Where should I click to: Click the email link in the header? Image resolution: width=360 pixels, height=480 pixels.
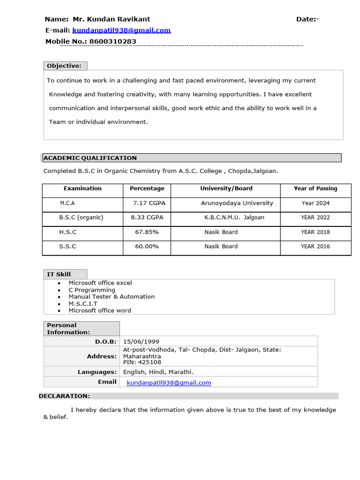(121, 30)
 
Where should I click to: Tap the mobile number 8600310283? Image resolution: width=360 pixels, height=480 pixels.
(112, 42)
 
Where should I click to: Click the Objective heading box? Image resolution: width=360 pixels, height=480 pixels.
(65, 66)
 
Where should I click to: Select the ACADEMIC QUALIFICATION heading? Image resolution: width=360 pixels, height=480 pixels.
(90, 158)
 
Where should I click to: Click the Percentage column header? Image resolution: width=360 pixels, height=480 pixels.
(147, 188)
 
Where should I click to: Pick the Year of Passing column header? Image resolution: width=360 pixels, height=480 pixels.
(315, 188)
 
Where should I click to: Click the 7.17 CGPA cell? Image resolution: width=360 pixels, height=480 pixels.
(149, 203)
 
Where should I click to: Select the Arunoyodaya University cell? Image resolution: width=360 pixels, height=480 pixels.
(237, 203)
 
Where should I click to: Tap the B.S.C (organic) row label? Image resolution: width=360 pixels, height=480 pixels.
(81, 217)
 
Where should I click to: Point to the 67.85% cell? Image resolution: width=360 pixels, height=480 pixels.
(147, 232)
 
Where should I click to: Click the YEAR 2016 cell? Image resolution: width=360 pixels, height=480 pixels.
(315, 247)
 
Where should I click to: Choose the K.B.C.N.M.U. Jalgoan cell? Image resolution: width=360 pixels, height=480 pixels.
(234, 217)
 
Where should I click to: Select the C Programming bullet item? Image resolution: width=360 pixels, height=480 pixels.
(92, 290)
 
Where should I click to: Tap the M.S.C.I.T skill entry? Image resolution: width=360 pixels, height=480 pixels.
(83, 304)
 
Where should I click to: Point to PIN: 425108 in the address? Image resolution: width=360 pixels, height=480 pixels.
(142, 362)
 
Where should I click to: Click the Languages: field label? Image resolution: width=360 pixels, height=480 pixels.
(97, 372)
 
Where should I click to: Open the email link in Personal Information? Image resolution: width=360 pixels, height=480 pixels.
(169, 382)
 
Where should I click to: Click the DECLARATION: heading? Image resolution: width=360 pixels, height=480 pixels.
(64, 396)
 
